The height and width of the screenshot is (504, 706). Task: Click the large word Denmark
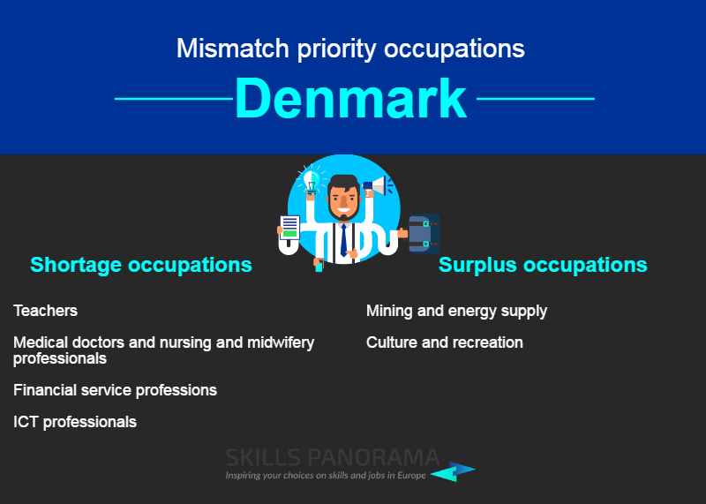[x=350, y=98]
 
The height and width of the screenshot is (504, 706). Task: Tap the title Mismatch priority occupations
[x=350, y=49]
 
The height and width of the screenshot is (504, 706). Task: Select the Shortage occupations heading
[x=141, y=265]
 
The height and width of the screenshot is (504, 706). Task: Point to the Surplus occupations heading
[x=543, y=265]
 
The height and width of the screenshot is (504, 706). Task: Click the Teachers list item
[x=46, y=311]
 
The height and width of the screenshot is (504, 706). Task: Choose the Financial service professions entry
[x=116, y=390]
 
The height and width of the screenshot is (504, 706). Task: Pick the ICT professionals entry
[x=75, y=422]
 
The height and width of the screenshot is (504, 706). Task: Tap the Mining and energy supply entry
[x=456, y=311]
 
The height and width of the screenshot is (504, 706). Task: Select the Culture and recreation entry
[x=445, y=342]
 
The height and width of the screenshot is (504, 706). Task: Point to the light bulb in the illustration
[x=312, y=181]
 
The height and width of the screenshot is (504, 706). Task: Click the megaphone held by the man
[x=378, y=185]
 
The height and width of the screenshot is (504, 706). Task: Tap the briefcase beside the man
[x=424, y=234]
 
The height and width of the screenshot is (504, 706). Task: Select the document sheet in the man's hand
[x=289, y=227]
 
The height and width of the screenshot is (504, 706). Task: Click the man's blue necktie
[x=343, y=240]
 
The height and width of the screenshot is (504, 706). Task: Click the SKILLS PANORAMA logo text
[x=333, y=457]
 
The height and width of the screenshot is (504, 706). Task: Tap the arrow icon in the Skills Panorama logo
[x=453, y=471]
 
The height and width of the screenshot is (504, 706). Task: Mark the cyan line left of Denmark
[x=174, y=99]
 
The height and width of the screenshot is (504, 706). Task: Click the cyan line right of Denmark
[x=536, y=99]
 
